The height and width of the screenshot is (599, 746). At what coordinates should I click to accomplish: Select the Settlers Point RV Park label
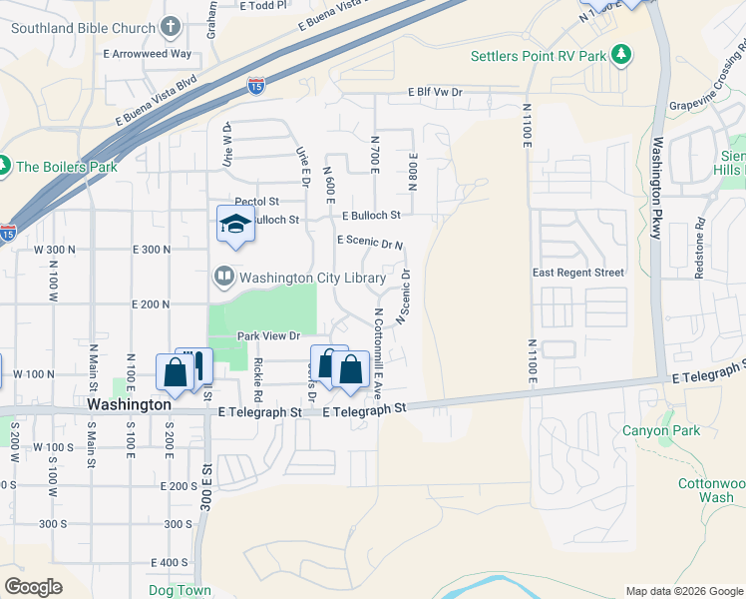point(539,55)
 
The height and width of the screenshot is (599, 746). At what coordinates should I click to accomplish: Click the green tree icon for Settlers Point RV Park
point(621,54)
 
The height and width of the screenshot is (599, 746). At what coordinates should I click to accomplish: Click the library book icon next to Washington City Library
point(224,275)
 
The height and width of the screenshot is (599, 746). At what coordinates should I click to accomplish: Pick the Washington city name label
point(129,405)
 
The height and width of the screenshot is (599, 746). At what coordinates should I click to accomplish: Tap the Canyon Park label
point(661,431)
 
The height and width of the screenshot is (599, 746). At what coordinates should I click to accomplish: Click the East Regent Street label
point(578,273)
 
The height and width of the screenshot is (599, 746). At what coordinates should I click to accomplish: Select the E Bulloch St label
point(370,215)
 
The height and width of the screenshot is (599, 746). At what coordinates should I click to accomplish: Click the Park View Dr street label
point(275,336)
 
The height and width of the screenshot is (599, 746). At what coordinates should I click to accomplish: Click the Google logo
point(33,587)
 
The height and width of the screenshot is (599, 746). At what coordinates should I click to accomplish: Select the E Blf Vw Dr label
point(435,92)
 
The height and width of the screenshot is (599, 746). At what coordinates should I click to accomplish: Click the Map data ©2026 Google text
point(683,591)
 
